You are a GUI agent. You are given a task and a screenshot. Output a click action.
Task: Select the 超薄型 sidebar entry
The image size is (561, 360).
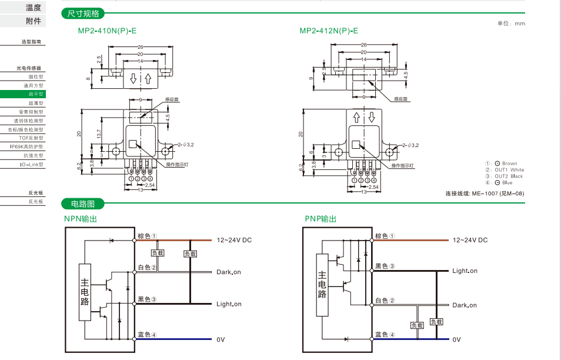tap(36, 103)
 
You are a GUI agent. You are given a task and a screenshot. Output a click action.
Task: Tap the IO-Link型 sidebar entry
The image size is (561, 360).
tap(31, 165)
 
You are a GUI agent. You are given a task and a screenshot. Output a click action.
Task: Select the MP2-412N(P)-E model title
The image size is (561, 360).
tap(329, 31)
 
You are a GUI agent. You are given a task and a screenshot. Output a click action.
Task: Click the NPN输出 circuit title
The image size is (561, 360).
tap(81, 219)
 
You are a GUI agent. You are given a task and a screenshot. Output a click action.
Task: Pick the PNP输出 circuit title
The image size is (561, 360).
tap(320, 219)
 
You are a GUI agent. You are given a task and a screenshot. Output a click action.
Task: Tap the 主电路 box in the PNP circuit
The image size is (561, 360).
tap(322, 285)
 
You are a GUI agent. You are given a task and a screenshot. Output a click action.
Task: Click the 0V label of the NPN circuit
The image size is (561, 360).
tap(221, 339)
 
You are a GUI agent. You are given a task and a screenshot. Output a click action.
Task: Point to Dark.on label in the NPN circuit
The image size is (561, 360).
tap(229, 272)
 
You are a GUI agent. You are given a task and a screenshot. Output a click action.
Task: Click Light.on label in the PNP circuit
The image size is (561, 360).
tap(465, 271)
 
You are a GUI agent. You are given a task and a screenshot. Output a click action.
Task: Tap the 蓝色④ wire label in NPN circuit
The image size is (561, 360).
tap(147, 335)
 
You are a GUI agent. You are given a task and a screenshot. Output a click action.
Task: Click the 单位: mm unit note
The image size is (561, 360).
tap(511, 23)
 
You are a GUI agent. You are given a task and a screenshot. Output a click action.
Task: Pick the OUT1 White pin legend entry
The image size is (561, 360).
tap(508, 170)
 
